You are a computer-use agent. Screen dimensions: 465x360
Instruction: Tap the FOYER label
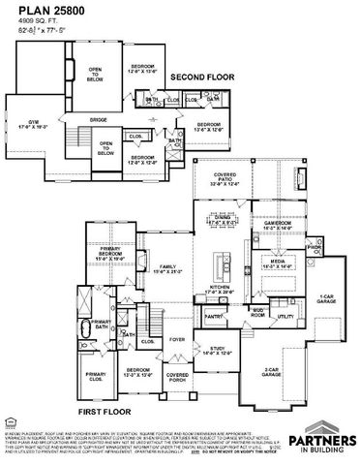pos(177,340)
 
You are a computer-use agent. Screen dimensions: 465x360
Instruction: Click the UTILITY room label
pos(285,316)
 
